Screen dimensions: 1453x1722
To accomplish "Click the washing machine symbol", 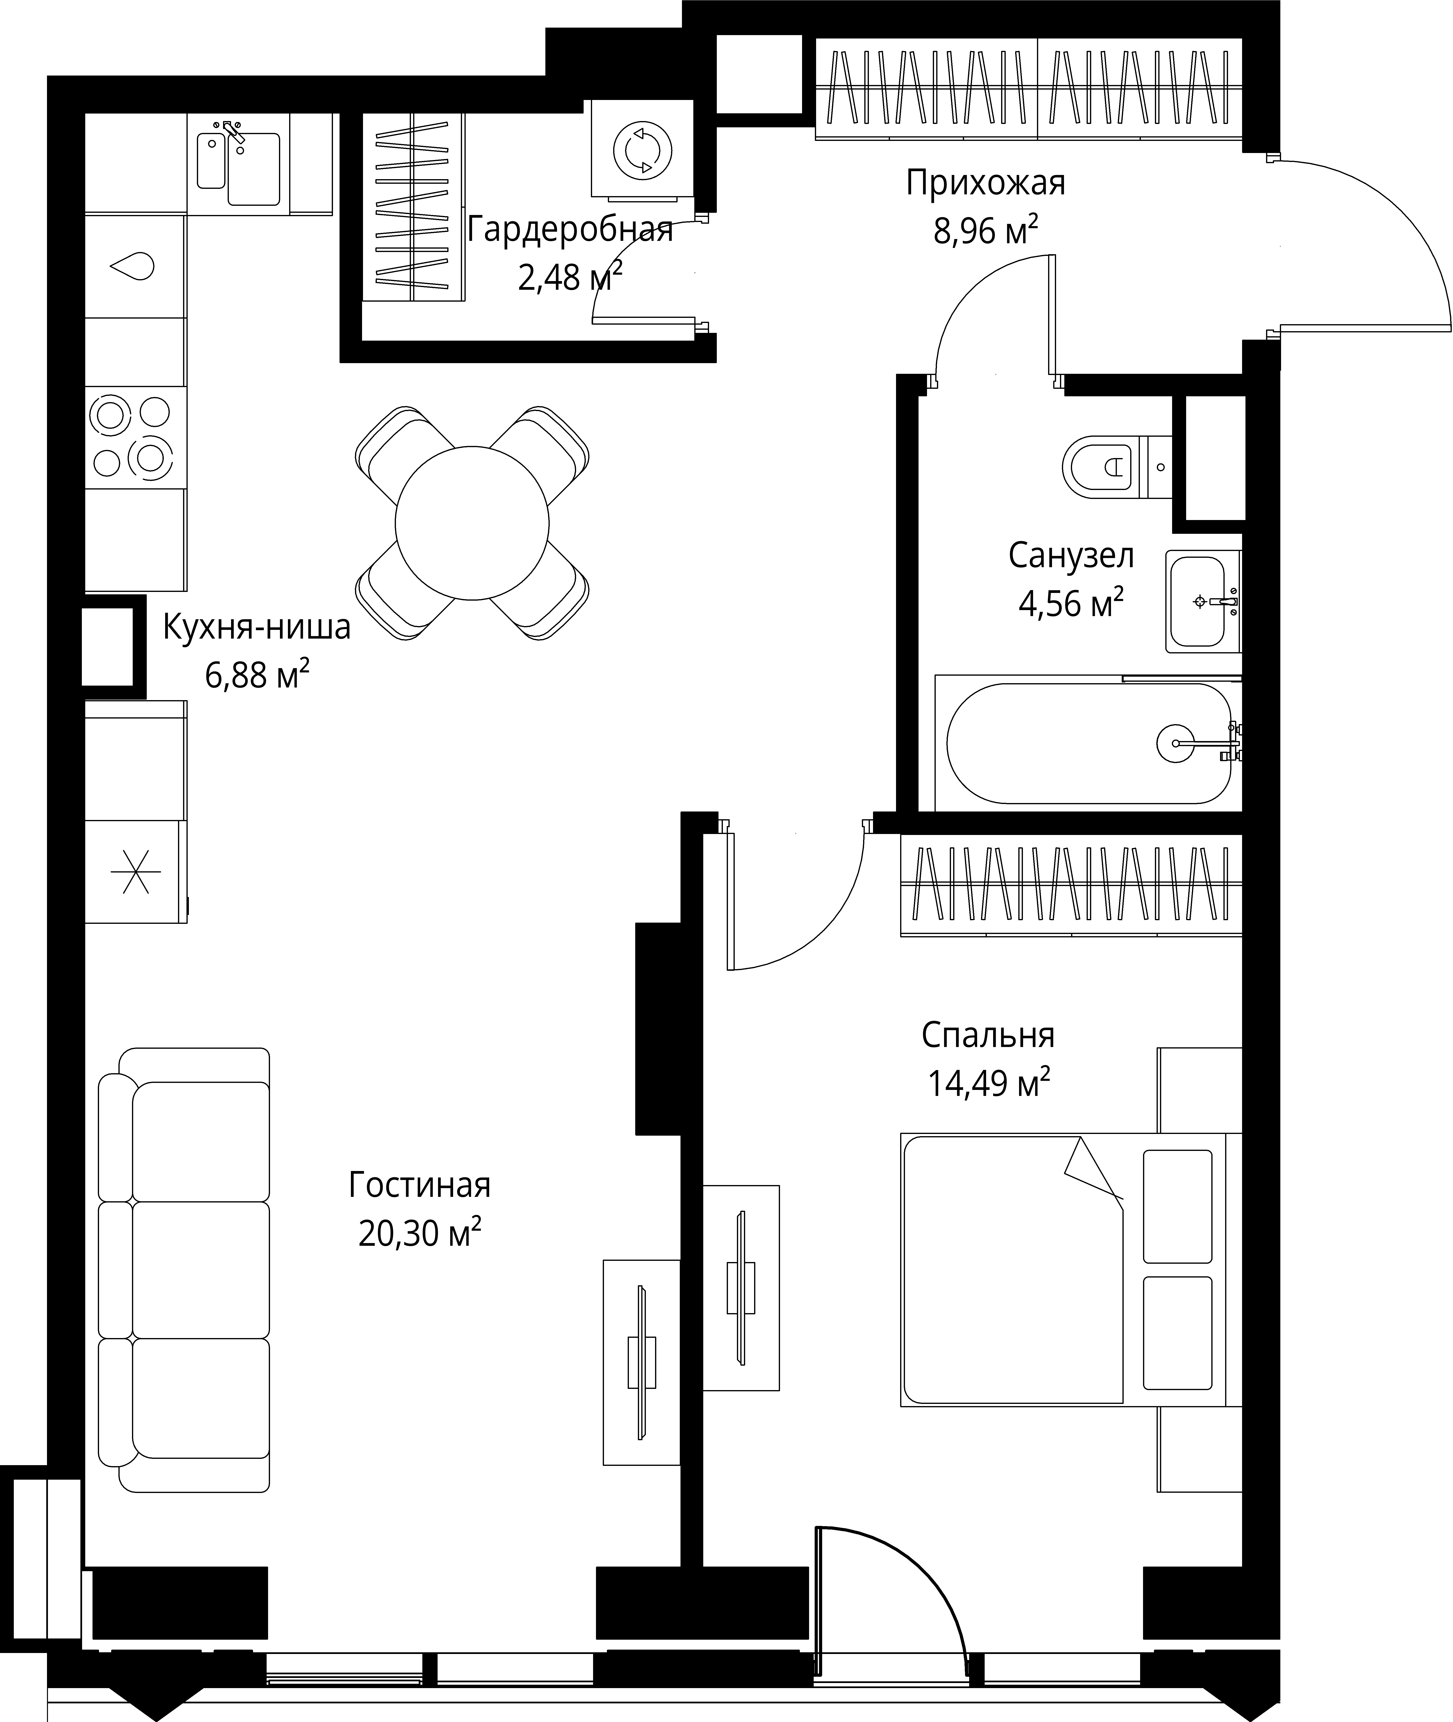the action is pos(642,150).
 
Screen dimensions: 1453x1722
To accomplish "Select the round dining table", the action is pos(472,523).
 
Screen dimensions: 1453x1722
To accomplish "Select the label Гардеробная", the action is pos(570,230).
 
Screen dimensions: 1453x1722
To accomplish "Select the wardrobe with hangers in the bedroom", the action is pos(1071,885).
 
